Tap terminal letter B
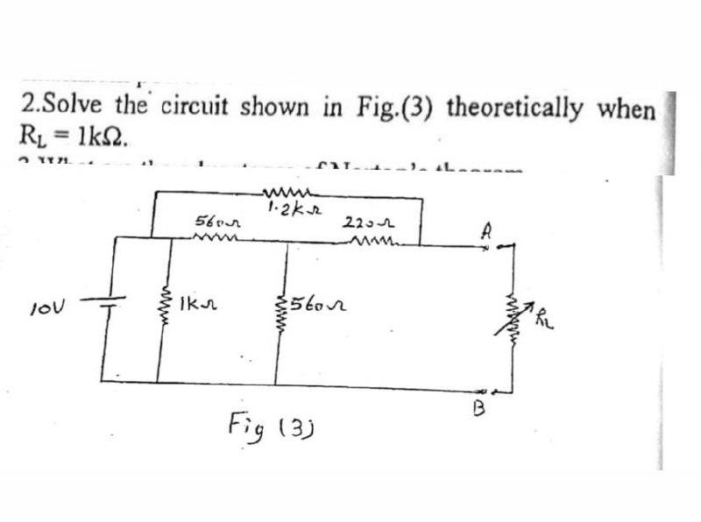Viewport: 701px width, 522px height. (x=478, y=406)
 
